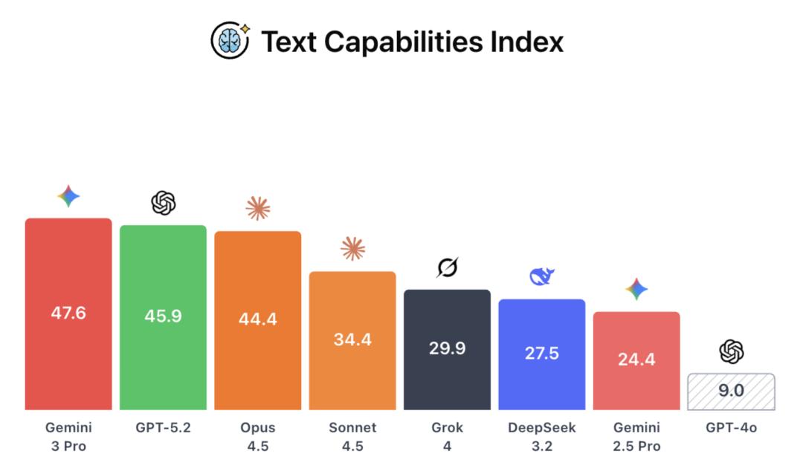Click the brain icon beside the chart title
230,40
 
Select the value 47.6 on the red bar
68,313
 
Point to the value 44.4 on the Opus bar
258,319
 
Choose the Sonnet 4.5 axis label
352,437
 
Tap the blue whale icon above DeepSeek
541,277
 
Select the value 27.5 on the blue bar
542,353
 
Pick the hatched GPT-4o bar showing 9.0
732,391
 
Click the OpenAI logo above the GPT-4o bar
732,351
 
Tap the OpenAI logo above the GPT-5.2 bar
163,202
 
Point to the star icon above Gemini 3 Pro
68,196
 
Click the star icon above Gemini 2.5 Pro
636,290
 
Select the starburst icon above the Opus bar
258,209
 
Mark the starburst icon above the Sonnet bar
352,249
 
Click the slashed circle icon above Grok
447,267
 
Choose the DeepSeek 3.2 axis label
542,437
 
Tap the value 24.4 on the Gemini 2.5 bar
636,360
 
